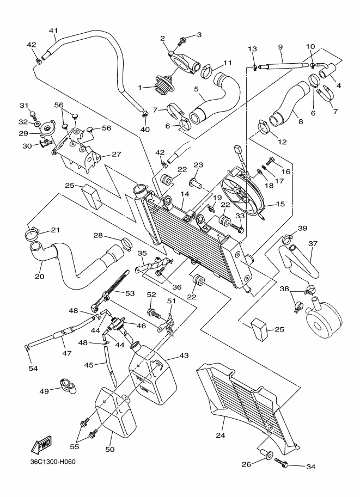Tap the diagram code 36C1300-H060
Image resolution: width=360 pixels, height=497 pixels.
[x=53, y=463]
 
